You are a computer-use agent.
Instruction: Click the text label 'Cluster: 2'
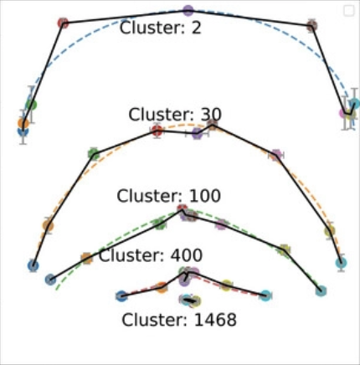[x=160, y=28]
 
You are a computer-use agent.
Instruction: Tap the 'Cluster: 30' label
[x=175, y=115]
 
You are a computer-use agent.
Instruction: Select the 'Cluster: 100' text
[x=168, y=196]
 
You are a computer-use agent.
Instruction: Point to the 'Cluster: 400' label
[x=151, y=255]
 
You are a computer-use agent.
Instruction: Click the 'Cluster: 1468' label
[x=179, y=320]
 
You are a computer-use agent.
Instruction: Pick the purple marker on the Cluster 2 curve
[x=188, y=11]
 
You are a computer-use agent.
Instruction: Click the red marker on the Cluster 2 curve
[x=64, y=23]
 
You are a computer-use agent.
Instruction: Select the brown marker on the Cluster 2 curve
[x=311, y=26]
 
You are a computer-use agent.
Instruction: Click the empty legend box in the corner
[x=349, y=11]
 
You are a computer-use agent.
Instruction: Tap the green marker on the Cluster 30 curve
[x=94, y=154]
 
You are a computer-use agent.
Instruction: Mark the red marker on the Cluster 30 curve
[x=157, y=131]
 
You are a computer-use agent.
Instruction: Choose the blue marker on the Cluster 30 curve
[x=33, y=265]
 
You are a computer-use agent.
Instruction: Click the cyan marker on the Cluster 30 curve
[x=341, y=263]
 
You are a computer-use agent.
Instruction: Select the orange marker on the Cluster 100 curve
[x=86, y=258]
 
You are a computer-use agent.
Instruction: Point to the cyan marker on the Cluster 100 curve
[x=321, y=290]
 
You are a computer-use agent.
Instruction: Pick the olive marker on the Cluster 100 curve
[x=284, y=249]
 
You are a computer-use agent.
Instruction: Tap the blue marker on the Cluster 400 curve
[x=121, y=296]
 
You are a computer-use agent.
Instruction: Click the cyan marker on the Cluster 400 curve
[x=265, y=296]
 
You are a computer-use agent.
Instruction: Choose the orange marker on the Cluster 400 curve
[x=162, y=287]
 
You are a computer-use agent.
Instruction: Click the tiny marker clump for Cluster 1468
[x=191, y=301]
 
